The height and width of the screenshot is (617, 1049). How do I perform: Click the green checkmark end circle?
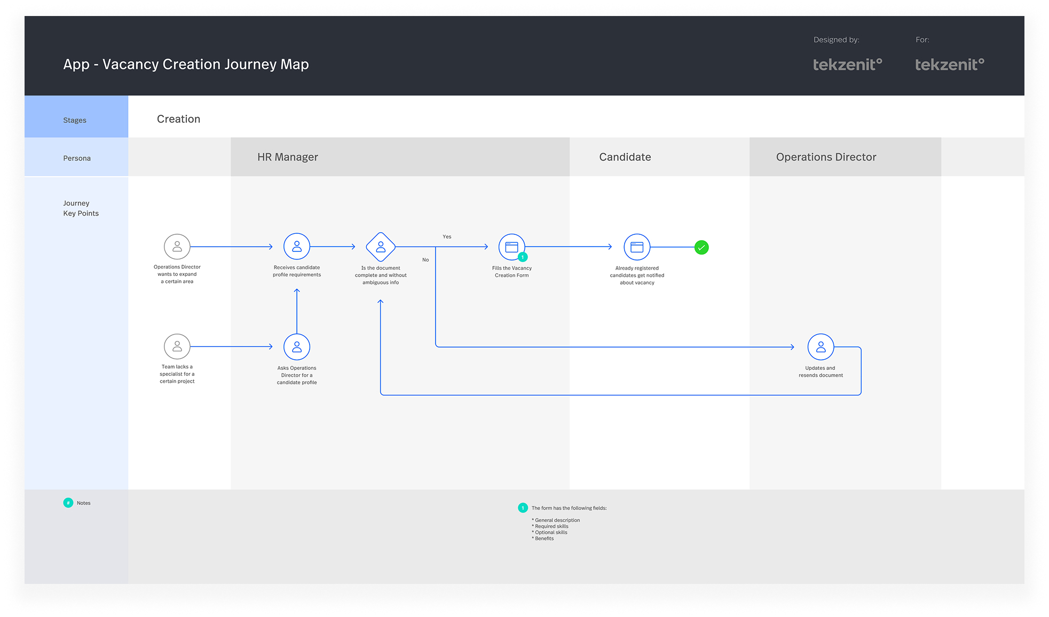pos(701,247)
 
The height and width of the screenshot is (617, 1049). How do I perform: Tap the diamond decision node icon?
pos(381,247)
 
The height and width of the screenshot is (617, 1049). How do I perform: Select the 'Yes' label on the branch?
pos(447,236)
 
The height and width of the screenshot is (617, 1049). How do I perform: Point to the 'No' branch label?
pos(425,260)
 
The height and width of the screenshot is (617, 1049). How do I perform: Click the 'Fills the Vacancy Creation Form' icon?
pos(512,247)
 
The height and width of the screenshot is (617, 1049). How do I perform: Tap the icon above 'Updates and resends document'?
pos(821,347)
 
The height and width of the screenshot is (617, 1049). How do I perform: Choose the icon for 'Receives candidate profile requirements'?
pos(297,247)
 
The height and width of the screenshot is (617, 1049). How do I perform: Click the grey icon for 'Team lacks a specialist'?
pos(177,347)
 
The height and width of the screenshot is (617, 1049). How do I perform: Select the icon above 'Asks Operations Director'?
pos(297,347)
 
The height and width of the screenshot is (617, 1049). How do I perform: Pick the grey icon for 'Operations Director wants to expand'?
pos(177,247)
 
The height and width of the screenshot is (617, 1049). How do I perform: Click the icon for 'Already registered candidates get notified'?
pos(637,247)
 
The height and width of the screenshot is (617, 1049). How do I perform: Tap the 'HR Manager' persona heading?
pos(288,157)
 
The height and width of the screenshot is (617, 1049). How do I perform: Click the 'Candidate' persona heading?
pos(625,157)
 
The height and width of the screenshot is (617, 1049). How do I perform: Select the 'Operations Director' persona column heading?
pos(826,157)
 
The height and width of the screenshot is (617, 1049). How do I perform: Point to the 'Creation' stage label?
pos(179,119)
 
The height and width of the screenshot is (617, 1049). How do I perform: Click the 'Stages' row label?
pos(75,120)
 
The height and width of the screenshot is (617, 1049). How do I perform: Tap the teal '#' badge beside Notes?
pos(68,503)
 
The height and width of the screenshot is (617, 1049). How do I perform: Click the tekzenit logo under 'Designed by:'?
pos(848,65)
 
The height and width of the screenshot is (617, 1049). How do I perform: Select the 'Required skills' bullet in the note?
pos(550,526)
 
